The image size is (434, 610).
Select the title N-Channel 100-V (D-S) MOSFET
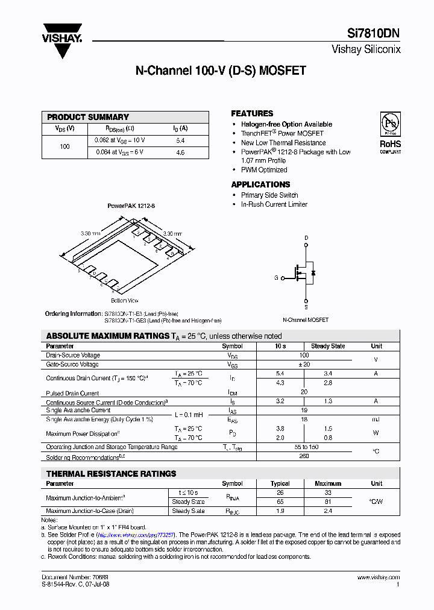click(221, 71)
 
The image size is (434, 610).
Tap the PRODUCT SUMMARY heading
click(88, 117)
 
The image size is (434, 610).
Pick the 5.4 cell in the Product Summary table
click(180, 140)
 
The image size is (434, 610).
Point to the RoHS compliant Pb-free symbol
click(389, 125)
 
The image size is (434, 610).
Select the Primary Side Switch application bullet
click(269, 195)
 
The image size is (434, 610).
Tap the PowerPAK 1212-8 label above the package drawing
click(131, 206)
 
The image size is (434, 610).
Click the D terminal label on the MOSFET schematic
click(306, 238)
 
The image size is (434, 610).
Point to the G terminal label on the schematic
click(276, 278)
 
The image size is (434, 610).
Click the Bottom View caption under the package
click(125, 300)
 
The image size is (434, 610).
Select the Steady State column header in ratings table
click(328, 346)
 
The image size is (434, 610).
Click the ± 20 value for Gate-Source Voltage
click(304, 364)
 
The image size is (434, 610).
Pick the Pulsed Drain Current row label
click(72, 393)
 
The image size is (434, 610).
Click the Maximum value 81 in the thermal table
click(327, 502)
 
